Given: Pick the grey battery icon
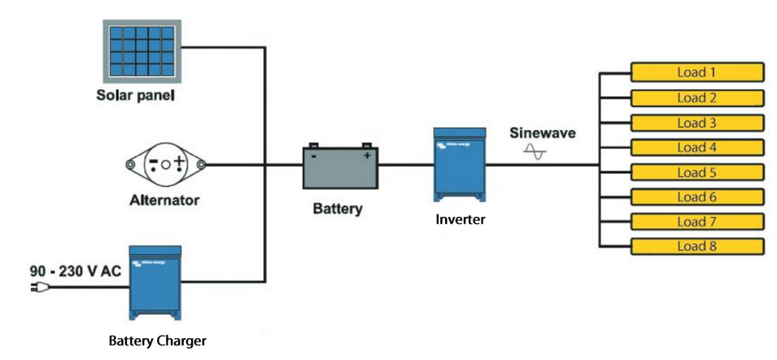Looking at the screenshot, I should pos(338,166).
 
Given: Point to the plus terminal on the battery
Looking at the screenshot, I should pos(367,155).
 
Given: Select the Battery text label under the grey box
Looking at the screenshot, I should pos(338,209).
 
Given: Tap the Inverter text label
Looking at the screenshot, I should pos(460,218).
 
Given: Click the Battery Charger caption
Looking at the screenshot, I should pos(157,341).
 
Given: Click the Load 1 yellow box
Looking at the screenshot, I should pos(697,73).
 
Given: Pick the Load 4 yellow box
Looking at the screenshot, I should pos(697,147).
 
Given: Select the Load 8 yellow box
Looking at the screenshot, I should pos(697,247).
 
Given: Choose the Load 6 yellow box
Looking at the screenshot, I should pos(697,197).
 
